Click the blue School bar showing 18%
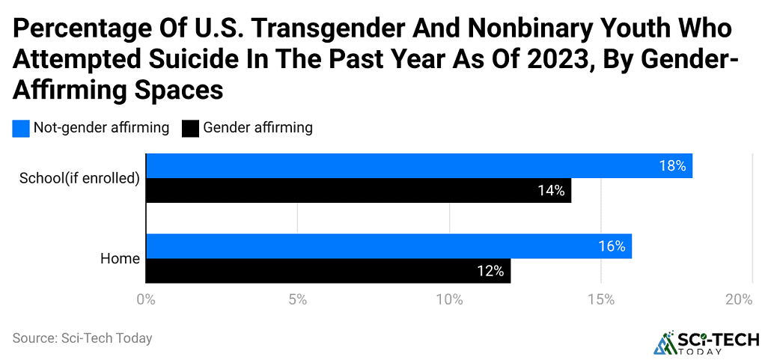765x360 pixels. click(419, 166)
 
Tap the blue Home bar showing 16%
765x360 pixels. click(388, 246)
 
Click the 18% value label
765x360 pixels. click(672, 166)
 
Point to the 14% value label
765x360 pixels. click(550, 191)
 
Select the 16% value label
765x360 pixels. click(611, 246)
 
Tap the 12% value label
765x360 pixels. click(490, 271)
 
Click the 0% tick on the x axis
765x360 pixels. click(145, 300)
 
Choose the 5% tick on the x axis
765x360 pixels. click(298, 300)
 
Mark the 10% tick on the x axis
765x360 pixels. click(449, 300)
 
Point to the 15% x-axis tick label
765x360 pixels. click(601, 300)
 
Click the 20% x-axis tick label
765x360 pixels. click(739, 300)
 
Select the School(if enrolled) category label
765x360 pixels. click(79, 178)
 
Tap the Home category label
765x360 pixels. click(120, 259)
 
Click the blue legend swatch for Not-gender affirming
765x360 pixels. click(21, 128)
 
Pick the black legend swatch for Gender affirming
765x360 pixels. click(190, 128)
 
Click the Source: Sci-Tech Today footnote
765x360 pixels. click(82, 338)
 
